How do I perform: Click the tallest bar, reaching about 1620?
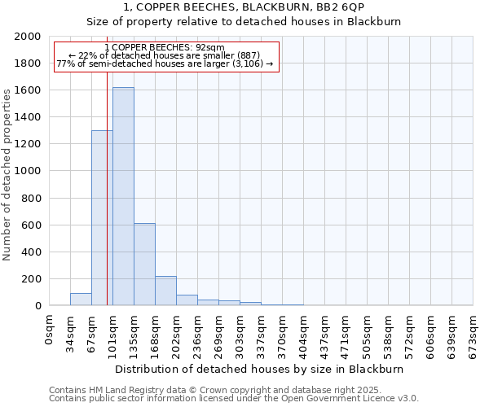point(123,196)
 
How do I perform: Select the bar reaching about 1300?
point(102,218)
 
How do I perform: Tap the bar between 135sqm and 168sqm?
point(144,265)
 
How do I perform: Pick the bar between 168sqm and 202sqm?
point(165,291)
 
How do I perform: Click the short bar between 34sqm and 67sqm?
point(81,300)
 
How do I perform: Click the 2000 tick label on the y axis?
point(27,37)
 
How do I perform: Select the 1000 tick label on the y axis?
point(27,171)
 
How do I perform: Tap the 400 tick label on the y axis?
point(30,252)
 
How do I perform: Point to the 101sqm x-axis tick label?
point(113,330)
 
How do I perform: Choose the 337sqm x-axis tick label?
point(262,330)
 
